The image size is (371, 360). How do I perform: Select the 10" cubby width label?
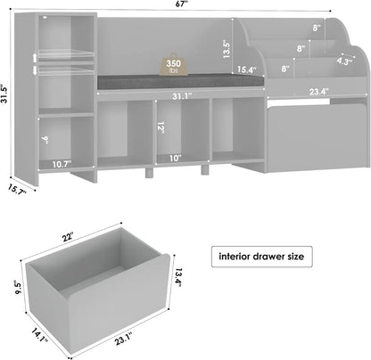tap(173, 158)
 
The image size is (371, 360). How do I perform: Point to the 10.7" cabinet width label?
tap(61, 164)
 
